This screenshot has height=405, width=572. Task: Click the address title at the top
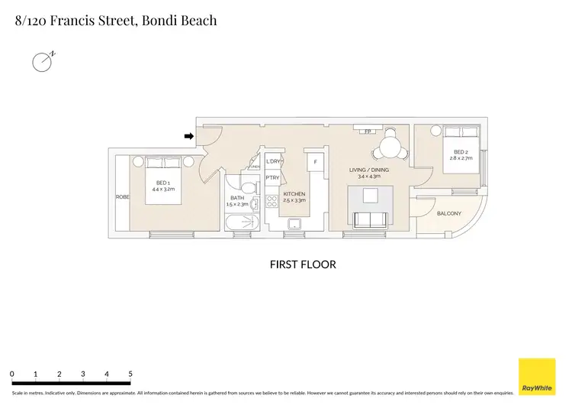click(116, 21)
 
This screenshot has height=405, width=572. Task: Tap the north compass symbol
click(42, 62)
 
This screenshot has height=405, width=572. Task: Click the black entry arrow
click(188, 137)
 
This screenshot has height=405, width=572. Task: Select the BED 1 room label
click(163, 183)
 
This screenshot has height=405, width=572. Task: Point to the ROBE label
click(122, 197)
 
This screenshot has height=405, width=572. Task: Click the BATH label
click(237, 199)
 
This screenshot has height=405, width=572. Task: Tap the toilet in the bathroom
click(248, 187)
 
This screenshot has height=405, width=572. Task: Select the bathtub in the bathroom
click(243, 224)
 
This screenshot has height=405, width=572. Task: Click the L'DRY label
click(274, 162)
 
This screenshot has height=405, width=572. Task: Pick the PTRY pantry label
click(272, 178)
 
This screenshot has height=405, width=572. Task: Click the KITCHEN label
click(294, 194)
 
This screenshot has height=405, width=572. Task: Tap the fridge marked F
click(315, 163)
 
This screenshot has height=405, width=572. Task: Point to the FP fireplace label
click(368, 131)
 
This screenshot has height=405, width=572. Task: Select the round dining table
click(391, 146)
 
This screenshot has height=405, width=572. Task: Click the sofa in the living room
click(370, 220)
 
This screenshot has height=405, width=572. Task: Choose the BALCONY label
click(449, 213)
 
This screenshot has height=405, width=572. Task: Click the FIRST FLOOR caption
click(303, 264)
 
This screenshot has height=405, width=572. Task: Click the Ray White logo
click(537, 377)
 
